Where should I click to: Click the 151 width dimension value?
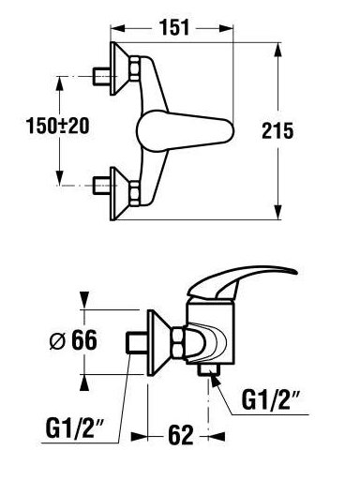click(x=174, y=27)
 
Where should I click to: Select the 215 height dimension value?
click(x=277, y=130)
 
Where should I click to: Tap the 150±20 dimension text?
click(x=57, y=126)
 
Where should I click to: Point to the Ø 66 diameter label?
click(x=73, y=340)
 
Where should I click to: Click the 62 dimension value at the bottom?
click(x=181, y=435)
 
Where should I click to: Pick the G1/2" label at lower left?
click(x=75, y=428)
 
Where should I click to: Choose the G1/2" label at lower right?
click(x=271, y=400)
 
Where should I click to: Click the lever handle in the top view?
click(x=186, y=130)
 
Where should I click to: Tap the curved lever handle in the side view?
click(x=241, y=283)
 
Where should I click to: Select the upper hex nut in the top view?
click(x=135, y=69)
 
